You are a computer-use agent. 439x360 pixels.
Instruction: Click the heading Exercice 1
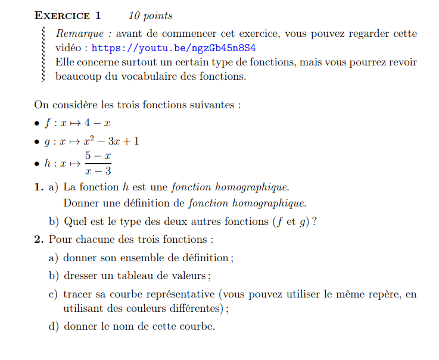(68, 15)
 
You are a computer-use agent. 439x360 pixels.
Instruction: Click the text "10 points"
(150, 15)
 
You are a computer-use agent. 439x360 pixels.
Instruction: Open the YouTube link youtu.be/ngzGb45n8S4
(178, 48)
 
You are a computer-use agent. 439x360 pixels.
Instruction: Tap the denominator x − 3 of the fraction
(98, 171)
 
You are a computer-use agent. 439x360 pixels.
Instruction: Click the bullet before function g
(38, 142)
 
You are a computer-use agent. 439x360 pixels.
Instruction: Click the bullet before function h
(38, 164)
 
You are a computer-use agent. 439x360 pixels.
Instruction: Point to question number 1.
(39, 187)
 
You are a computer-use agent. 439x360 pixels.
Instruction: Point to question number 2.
(39, 240)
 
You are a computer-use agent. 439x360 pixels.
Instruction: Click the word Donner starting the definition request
(80, 204)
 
